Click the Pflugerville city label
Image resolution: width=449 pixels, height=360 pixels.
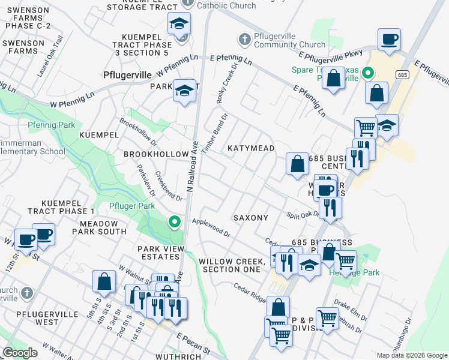point(128,76)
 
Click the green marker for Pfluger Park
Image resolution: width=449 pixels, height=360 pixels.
point(175,222)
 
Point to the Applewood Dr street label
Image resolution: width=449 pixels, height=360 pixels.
point(211,227)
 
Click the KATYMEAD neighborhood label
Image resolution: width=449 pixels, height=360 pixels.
point(251,148)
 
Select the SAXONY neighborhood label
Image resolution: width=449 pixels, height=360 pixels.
point(250,217)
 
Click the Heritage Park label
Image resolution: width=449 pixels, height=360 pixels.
point(355,272)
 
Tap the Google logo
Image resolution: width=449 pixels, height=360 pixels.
point(20,353)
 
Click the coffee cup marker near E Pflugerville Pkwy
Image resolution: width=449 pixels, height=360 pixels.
point(389,40)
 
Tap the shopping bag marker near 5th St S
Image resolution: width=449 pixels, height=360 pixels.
point(104,281)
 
